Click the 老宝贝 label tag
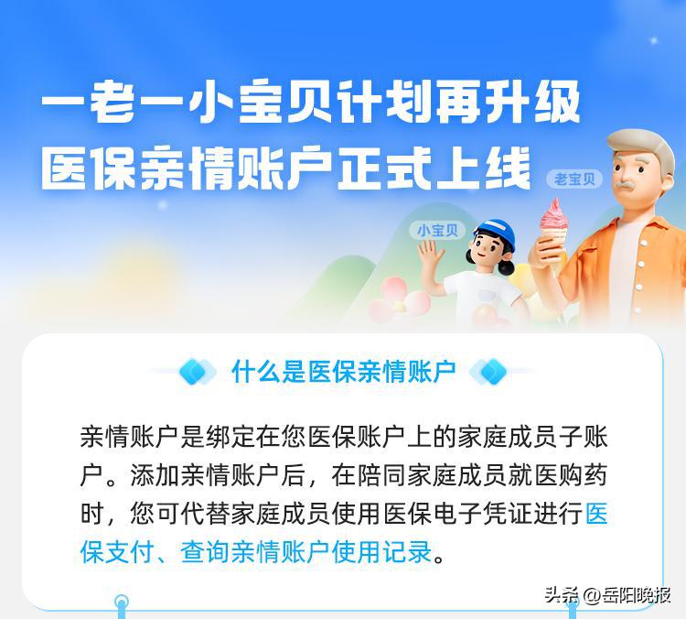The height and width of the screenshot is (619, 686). pyautogui.click(x=574, y=179)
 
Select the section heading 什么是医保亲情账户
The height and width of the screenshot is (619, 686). pyautogui.click(x=343, y=371)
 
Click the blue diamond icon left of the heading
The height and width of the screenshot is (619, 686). pyautogui.click(x=196, y=372)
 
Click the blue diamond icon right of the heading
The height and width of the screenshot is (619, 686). pyautogui.click(x=491, y=372)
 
